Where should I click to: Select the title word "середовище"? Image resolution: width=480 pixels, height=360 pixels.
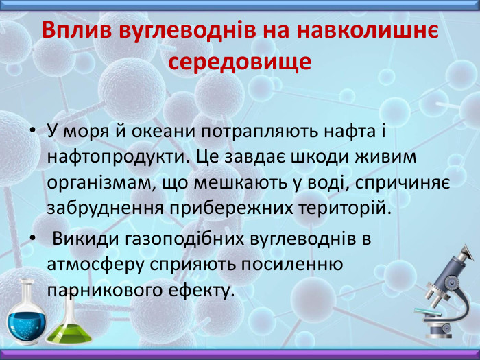point(240,61)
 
